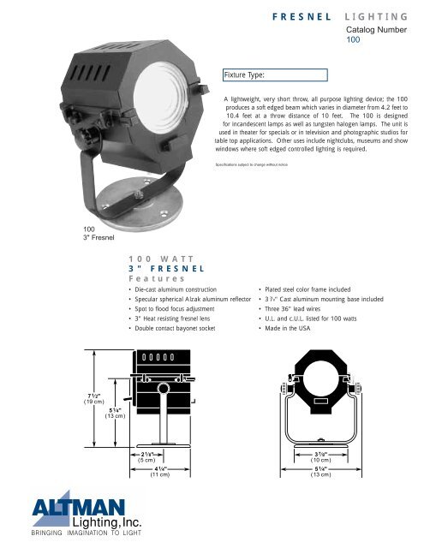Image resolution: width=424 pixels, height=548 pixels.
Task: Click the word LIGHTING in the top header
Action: pos(375,15)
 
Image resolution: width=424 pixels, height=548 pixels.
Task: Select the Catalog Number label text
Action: pos(376,29)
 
